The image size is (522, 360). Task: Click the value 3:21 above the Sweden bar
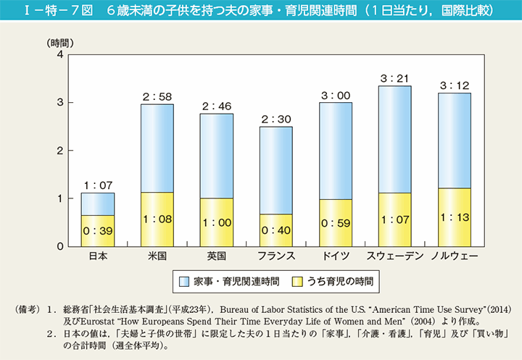394,78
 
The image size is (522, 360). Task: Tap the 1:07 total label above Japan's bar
97,185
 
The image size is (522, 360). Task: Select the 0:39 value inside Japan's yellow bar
97,231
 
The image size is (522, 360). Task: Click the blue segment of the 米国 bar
157,148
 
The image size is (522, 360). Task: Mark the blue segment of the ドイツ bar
335,151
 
